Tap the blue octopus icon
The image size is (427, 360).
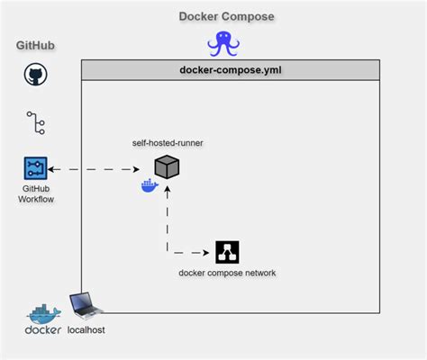pyautogui.click(x=222, y=44)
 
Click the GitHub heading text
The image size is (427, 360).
pyautogui.click(x=36, y=46)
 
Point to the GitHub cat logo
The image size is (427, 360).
pyautogui.click(x=35, y=75)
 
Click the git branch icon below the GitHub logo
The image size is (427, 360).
pyautogui.click(x=35, y=121)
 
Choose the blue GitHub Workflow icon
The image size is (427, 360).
pyautogui.click(x=35, y=168)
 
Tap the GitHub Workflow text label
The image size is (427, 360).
pyautogui.click(x=35, y=193)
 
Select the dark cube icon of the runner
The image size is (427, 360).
pyautogui.click(x=167, y=167)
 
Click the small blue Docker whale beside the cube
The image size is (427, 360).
pyautogui.click(x=150, y=186)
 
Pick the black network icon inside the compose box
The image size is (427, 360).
pyautogui.click(x=227, y=252)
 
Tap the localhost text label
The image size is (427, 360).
pyautogui.click(x=86, y=330)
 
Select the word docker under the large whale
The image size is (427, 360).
pyautogui.click(x=43, y=330)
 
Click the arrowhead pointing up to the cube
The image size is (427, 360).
pyautogui.click(x=167, y=190)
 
